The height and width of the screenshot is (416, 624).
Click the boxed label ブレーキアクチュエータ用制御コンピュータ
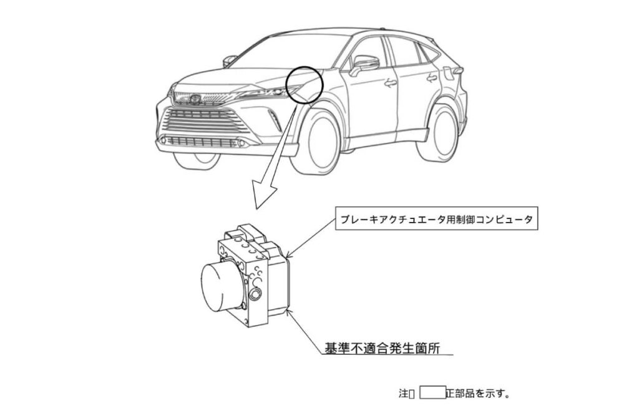coord(437,218)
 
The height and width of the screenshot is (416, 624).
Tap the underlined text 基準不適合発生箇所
coord(383,349)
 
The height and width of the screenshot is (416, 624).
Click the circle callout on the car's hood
coord(305,85)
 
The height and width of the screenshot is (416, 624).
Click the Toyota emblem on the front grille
coord(195,99)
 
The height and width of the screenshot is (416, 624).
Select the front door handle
coord(391,83)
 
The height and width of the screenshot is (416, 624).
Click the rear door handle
coord(432,77)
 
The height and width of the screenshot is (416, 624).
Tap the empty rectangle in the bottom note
coord(432,392)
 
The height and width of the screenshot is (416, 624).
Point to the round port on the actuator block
coord(254,294)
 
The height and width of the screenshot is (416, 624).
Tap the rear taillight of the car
coord(455,72)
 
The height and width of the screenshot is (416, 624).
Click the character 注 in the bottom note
coord(403,394)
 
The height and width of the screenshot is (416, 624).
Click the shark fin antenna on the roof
coord(383,28)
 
